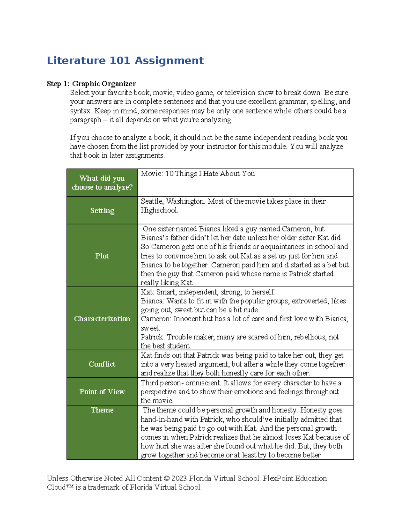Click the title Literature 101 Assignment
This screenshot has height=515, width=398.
tap(125, 61)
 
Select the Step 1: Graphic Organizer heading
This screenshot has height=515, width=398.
tap(91, 84)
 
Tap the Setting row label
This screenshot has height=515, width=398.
tap(102, 211)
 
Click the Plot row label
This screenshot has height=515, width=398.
tap(102, 256)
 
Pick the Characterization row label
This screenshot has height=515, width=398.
tap(102, 319)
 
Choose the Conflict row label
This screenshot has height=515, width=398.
tap(102, 364)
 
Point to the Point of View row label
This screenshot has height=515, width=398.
tap(102, 392)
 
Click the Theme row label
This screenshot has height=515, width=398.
tap(102, 410)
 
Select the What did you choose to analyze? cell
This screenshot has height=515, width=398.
tap(102, 183)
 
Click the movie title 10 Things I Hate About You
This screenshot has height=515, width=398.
tap(210, 174)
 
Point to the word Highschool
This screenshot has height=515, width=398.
tap(159, 210)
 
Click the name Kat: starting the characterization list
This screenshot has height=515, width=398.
tap(147, 292)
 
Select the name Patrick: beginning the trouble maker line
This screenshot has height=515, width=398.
tap(153, 337)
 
